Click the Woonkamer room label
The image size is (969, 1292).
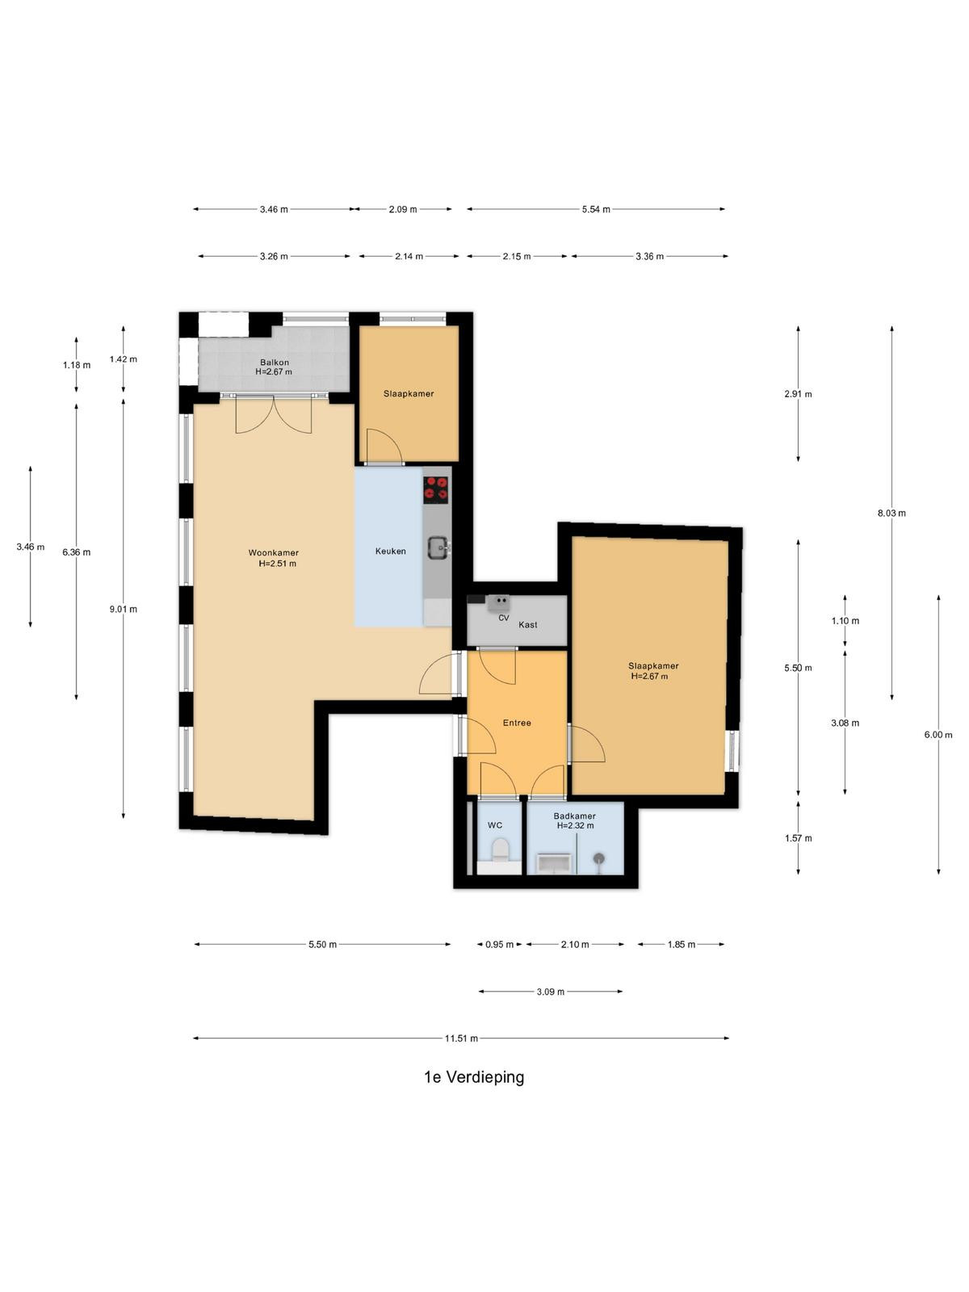coord(273,552)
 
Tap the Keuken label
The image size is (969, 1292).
coord(390,551)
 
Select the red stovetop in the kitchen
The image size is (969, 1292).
coord(435,489)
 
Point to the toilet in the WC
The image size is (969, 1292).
coord(500,850)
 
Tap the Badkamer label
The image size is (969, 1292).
coord(574,816)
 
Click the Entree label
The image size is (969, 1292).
coord(517,723)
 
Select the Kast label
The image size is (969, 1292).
coord(528,624)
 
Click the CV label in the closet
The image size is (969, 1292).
coord(504,618)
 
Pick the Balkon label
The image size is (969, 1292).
coord(275,363)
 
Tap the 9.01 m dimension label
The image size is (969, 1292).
coord(123,609)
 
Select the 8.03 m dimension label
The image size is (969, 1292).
coord(891,514)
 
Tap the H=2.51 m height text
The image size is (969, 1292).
coord(277,564)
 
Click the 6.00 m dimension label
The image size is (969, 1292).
coord(938,735)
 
